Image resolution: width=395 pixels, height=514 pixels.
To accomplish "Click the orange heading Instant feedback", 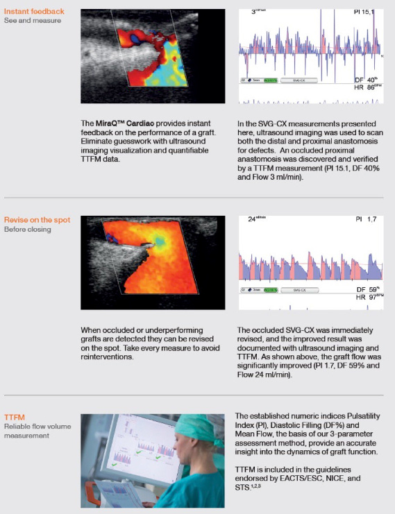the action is click(34, 11).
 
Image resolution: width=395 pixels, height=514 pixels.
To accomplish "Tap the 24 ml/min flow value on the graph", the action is click(257, 220).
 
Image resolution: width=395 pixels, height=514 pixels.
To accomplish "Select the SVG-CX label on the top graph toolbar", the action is click(319, 80).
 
